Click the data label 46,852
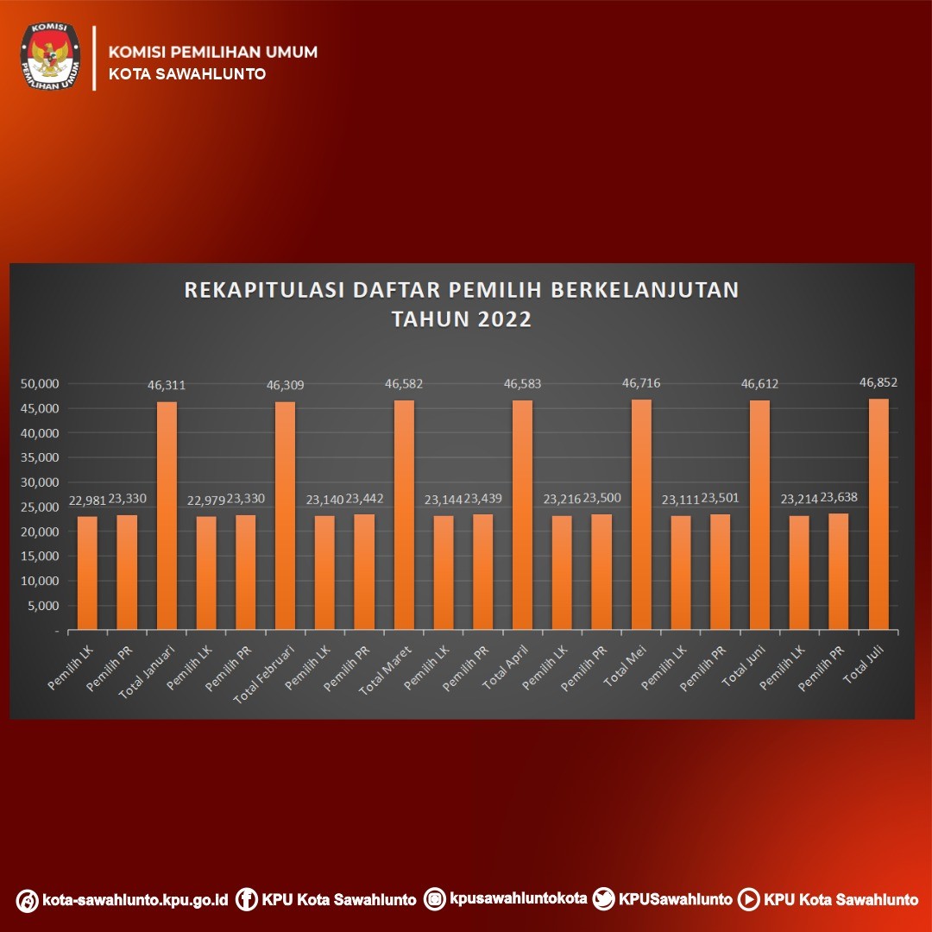[x=878, y=382]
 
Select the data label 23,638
[x=839, y=497]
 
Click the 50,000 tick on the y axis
[x=40, y=383]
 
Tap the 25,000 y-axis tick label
[x=40, y=507]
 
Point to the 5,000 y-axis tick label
[x=43, y=606]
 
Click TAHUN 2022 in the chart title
[x=462, y=318]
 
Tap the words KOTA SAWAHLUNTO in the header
[x=186, y=74]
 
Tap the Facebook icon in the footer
[x=247, y=900]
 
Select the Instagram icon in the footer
[x=437, y=899]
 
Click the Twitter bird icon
[x=606, y=899]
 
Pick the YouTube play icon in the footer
[x=749, y=900]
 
